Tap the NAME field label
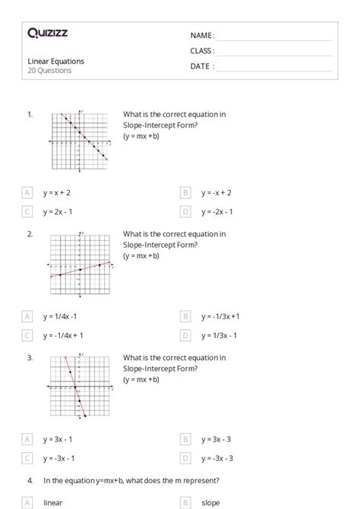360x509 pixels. tap(202, 36)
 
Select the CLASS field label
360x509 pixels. tap(202, 51)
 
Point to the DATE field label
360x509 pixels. tap(202, 66)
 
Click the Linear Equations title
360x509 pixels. tap(55, 61)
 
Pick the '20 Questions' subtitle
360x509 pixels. tap(49, 71)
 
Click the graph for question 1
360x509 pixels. tap(79, 141)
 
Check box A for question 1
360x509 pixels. tap(27, 194)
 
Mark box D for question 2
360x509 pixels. tap(185, 335)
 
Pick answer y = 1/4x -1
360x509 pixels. tap(60, 316)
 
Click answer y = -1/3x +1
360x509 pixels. tap(220, 316)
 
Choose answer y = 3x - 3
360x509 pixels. tap(216, 439)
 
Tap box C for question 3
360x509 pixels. tap(27, 458)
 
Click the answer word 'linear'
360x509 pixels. tap(53, 502)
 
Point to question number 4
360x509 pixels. tap(30, 480)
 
